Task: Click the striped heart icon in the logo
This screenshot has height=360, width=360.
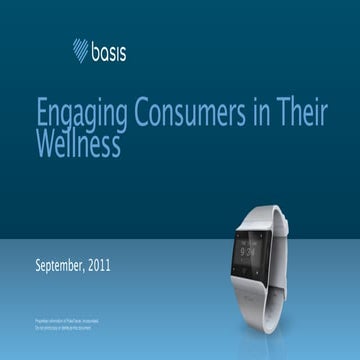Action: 81,49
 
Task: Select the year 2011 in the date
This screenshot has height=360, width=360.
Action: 98,266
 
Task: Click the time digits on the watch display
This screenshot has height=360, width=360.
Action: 252,249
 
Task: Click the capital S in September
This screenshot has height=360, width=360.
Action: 38,266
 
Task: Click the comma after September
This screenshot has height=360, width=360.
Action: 83,270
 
